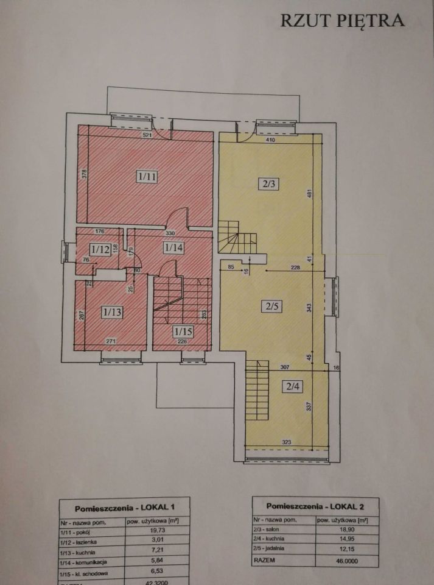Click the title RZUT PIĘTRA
click(x=342, y=20)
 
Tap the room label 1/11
click(x=147, y=177)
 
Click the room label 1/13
click(x=113, y=313)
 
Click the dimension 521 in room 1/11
click(x=147, y=135)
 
